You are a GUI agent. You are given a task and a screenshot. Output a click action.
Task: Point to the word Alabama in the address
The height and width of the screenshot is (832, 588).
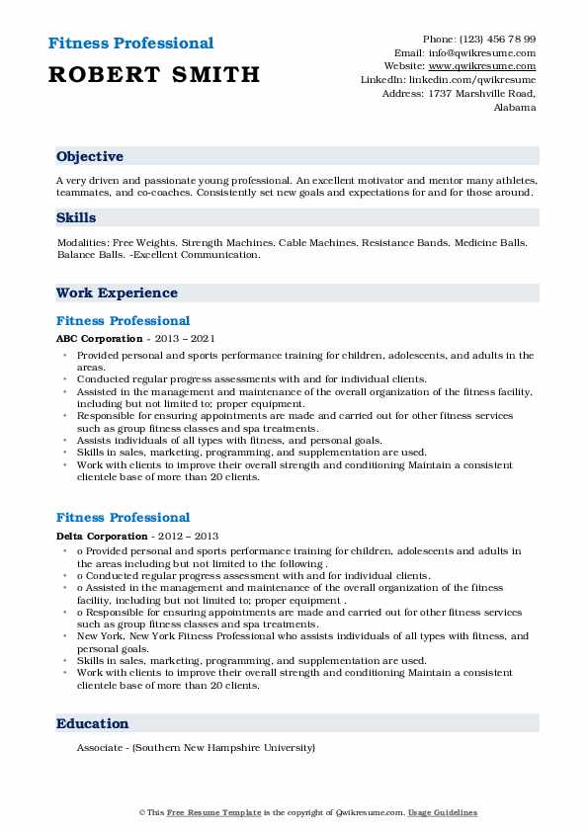514,107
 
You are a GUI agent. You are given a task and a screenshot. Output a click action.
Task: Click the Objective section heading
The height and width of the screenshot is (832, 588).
90,157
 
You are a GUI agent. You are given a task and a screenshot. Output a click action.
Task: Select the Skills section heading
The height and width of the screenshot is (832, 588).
76,217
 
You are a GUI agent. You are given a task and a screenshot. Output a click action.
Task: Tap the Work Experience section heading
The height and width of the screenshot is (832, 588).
117,293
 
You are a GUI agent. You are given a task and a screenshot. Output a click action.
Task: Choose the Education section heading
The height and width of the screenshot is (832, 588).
93,724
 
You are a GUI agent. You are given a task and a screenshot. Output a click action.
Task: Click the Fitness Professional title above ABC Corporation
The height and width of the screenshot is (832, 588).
123,321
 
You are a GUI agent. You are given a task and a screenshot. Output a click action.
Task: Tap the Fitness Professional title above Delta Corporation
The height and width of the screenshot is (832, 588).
123,518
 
